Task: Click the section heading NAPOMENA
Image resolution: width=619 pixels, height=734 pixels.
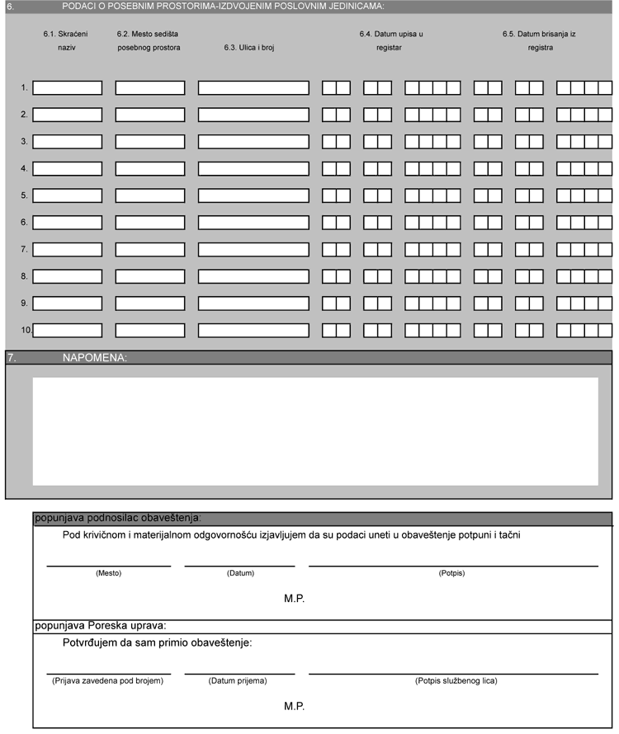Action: [95, 358]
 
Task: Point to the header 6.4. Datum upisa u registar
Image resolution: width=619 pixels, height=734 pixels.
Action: [390, 40]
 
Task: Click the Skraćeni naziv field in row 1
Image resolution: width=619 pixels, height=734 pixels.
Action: [67, 87]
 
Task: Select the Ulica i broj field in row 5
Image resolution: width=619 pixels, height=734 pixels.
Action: [253, 195]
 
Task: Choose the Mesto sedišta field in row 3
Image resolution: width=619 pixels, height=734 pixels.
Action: [150, 142]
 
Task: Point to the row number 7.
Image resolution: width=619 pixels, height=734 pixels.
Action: [25, 249]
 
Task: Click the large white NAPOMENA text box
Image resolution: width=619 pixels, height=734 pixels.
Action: [315, 431]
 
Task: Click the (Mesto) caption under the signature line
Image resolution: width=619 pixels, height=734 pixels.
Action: [108, 573]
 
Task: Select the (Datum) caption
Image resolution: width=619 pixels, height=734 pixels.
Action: [239, 573]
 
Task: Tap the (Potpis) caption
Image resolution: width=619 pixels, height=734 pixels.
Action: [452, 573]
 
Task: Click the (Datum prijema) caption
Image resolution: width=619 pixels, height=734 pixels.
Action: [239, 681]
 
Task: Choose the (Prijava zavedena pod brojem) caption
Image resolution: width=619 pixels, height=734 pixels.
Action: [107, 681]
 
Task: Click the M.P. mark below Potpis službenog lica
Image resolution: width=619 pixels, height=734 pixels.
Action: [294, 707]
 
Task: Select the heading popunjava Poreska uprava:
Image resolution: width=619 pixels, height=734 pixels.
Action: [101, 626]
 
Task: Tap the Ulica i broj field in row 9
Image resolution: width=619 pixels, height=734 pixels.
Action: [253, 303]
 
